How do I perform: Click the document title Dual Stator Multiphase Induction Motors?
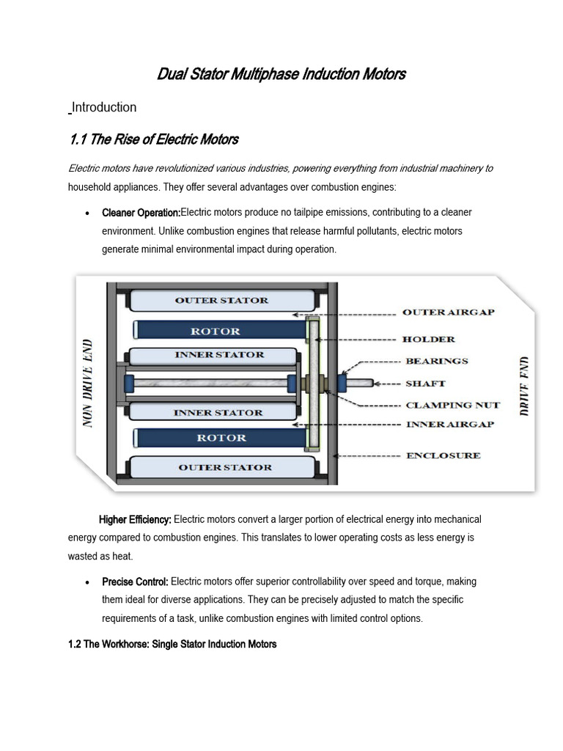[x=281, y=74]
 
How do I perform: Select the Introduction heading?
[x=103, y=107]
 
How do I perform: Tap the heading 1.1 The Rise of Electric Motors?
[x=153, y=139]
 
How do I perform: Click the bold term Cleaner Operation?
[x=141, y=213]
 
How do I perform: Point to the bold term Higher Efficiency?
[x=135, y=520]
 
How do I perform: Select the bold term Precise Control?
[x=135, y=582]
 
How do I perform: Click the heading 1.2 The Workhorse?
[x=172, y=644]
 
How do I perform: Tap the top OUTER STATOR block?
[x=221, y=300]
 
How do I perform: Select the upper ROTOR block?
[x=220, y=331]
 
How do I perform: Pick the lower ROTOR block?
[x=220, y=438]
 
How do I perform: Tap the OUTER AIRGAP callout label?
[x=448, y=312]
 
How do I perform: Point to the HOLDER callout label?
[x=429, y=339]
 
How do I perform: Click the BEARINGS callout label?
[x=436, y=361]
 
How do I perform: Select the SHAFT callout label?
[x=424, y=383]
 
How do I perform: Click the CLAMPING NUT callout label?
[x=452, y=405]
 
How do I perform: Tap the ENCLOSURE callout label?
[x=443, y=455]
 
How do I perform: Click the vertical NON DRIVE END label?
[x=89, y=384]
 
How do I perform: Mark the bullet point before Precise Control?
[x=88, y=582]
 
